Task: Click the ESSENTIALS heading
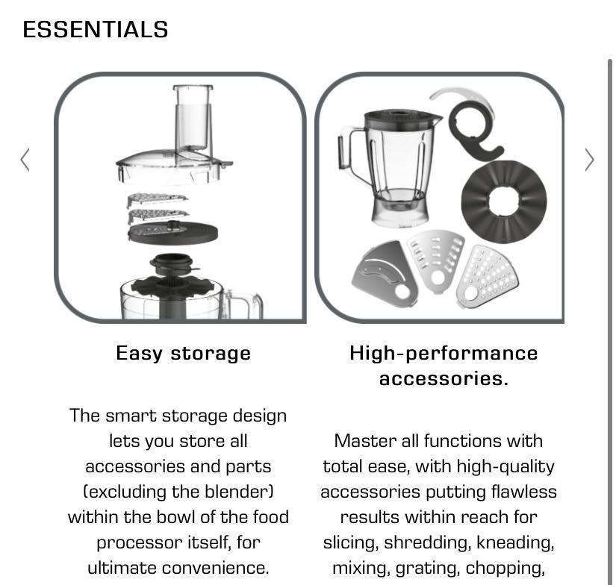click(x=96, y=30)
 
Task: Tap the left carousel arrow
click(x=25, y=160)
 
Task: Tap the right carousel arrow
click(x=589, y=160)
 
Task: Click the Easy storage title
click(x=183, y=353)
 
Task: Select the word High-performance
click(x=444, y=353)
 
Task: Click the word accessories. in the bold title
click(x=444, y=378)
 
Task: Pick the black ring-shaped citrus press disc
click(x=504, y=200)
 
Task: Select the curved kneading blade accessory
click(x=470, y=123)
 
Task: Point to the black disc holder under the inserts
click(x=173, y=233)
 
